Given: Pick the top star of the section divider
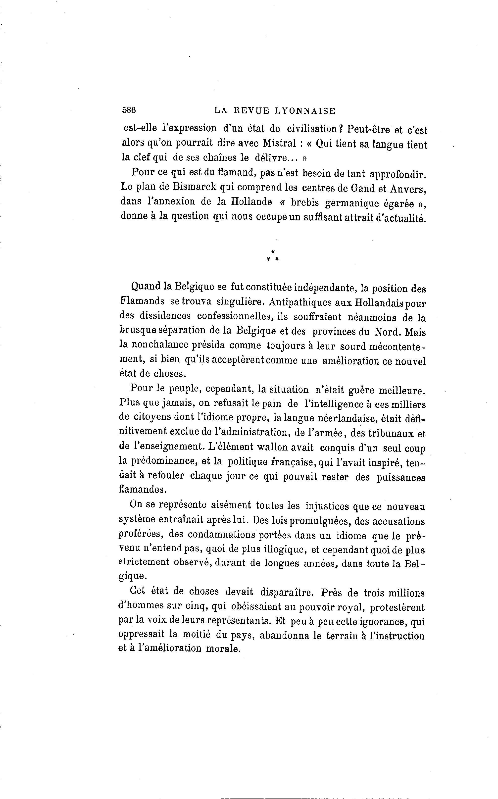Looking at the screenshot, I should [x=273, y=251].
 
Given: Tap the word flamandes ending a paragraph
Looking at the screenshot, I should [x=142, y=489].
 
